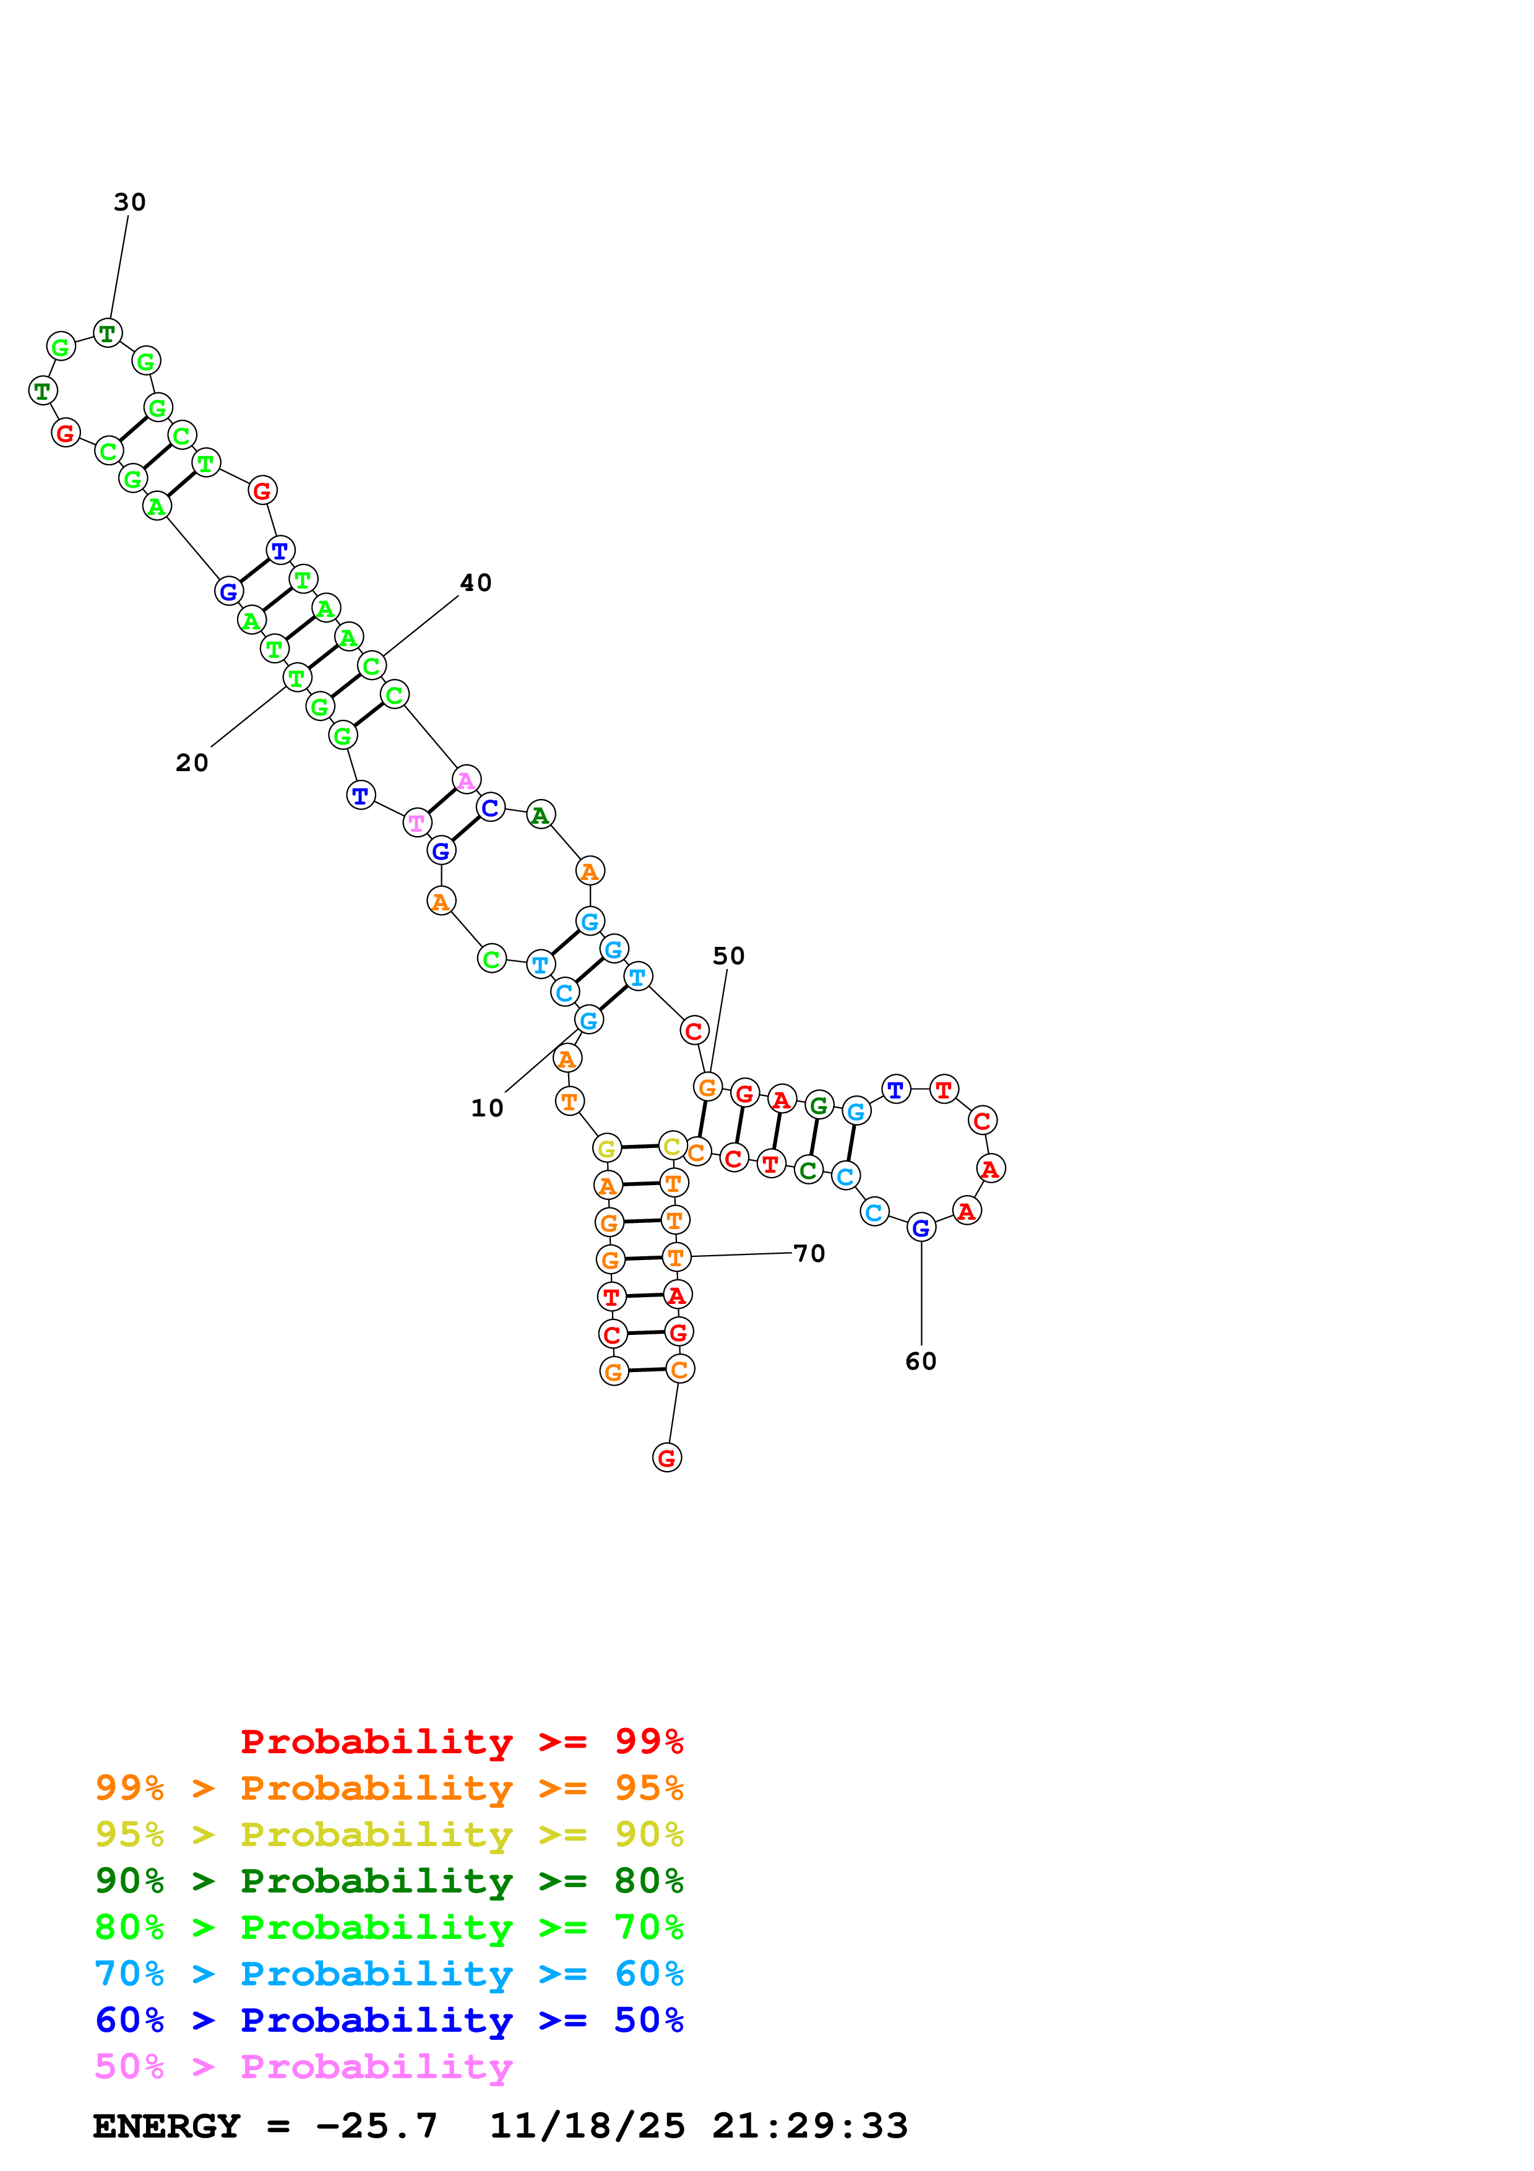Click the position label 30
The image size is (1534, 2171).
pos(129,202)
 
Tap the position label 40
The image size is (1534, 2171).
pos(475,584)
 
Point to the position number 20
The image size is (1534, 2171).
pos(192,763)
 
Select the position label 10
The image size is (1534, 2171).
pos(487,1108)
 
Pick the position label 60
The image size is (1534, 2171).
pos(921,1362)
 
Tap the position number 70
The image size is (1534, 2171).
pos(809,1254)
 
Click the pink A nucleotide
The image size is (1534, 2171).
pos(466,780)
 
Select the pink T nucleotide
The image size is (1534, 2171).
pos(417,824)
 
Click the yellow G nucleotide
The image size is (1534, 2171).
pos(607,1149)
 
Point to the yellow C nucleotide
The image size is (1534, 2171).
pos(672,1146)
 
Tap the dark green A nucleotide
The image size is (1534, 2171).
pos(540,815)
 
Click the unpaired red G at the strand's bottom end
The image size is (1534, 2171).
pos(666,1458)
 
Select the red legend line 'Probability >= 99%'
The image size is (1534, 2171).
pos(461,1741)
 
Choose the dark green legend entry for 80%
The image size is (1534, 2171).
pos(389,1881)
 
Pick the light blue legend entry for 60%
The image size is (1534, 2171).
pos(389,1974)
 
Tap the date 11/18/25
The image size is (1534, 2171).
pos(587,2126)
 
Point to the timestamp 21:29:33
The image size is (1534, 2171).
pos(810,2126)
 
